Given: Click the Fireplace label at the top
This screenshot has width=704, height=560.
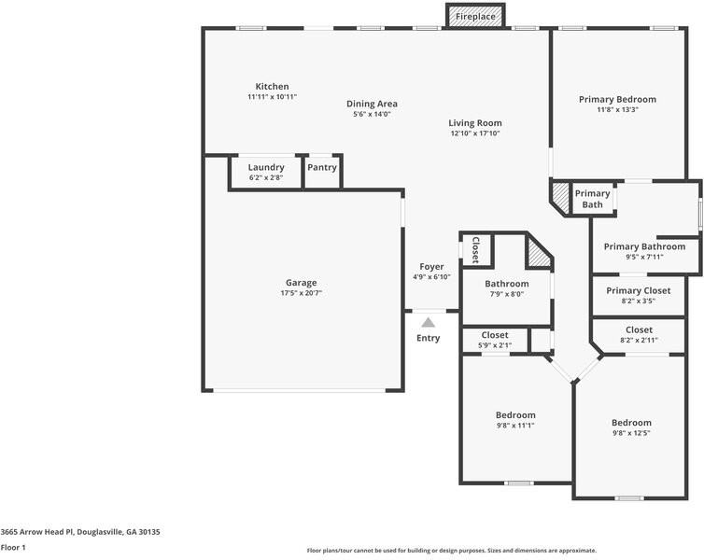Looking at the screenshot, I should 475,17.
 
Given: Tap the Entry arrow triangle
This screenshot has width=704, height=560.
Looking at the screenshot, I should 428,322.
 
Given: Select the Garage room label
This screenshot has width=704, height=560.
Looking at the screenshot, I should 301,283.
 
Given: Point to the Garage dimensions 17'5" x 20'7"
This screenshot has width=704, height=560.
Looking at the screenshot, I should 301,294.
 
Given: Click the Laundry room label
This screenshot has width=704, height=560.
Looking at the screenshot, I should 266,167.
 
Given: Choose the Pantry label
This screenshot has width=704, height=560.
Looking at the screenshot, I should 322,167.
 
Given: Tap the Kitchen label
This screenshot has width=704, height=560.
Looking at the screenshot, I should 272,86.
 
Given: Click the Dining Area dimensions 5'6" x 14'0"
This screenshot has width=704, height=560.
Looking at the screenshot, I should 372,115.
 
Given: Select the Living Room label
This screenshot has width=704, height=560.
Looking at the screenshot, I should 474,122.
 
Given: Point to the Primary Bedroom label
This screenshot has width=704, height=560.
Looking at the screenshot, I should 617,99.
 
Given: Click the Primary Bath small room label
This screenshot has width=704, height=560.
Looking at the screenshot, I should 593,199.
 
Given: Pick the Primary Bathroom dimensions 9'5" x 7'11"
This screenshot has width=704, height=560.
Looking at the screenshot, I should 644,258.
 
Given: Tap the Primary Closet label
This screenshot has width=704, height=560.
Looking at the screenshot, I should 638,290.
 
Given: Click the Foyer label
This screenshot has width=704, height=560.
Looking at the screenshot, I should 431,266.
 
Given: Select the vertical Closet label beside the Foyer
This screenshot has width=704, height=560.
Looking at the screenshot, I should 475,249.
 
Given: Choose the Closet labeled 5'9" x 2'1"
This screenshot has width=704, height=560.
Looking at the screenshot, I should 495,335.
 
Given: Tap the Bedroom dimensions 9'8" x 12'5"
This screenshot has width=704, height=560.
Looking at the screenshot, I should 631,433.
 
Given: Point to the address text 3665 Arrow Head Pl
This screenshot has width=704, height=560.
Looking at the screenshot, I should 80,531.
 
